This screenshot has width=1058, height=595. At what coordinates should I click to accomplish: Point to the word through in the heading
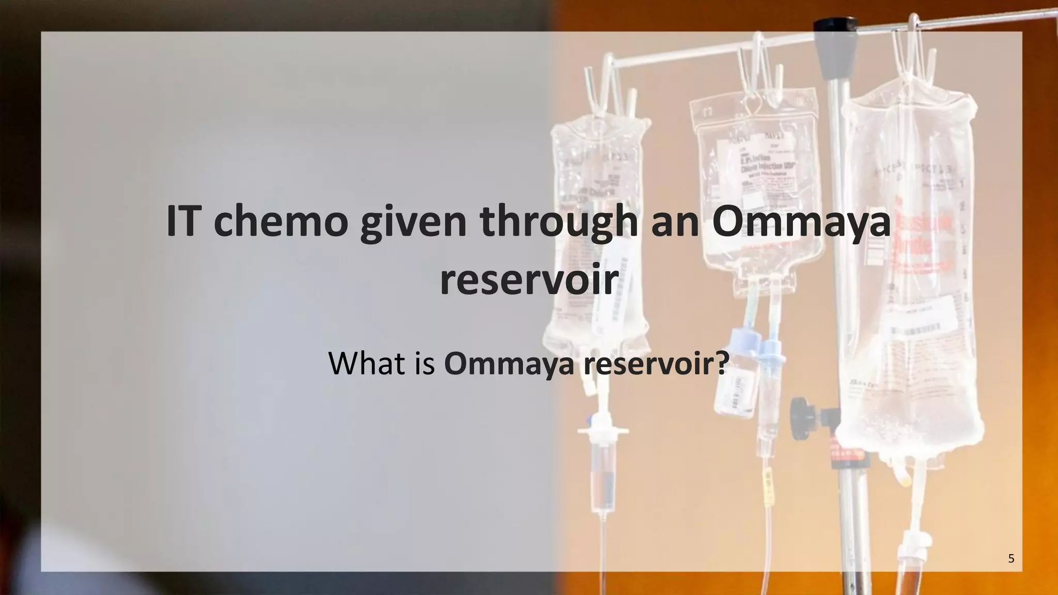coord(560,223)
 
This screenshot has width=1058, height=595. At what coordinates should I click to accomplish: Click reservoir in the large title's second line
coord(529,280)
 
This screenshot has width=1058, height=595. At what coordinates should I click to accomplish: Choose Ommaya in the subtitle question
coord(509,363)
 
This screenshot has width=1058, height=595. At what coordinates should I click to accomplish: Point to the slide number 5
coord(1011,558)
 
